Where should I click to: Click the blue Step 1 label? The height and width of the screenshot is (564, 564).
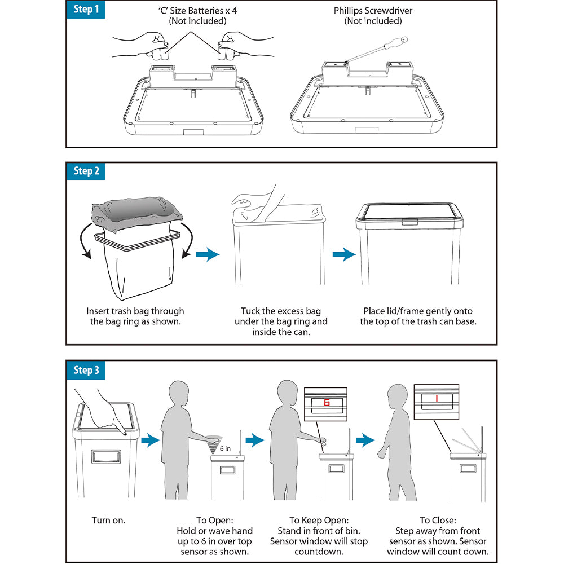click(86, 10)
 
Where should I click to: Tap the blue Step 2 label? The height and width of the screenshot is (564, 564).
click(86, 171)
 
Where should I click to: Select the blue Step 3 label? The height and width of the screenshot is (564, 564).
click(86, 370)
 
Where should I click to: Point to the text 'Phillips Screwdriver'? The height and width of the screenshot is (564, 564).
click(373, 11)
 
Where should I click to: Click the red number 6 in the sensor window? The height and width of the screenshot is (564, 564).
click(326, 403)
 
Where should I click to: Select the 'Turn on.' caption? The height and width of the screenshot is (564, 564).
click(109, 520)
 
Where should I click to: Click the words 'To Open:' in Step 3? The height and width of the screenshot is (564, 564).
click(214, 520)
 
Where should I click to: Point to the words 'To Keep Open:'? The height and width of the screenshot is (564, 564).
click(319, 520)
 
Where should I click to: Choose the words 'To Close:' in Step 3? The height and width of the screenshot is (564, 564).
click(437, 520)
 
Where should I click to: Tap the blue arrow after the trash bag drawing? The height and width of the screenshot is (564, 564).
click(207, 255)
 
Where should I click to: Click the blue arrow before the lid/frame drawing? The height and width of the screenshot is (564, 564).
click(343, 255)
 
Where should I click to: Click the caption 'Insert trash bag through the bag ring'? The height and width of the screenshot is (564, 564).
click(135, 316)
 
